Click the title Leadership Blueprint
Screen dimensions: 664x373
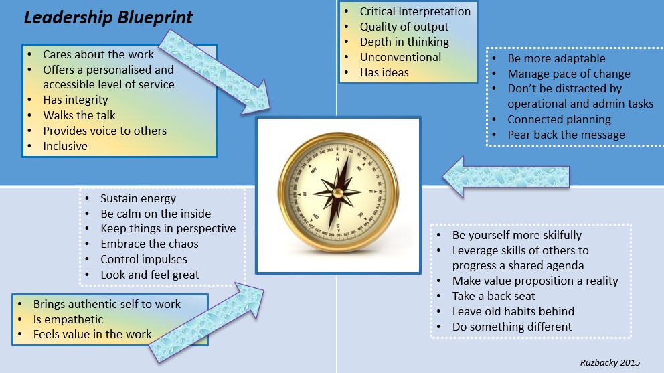(x=108, y=18)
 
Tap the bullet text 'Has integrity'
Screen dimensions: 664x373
(x=76, y=100)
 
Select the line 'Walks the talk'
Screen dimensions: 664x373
(x=79, y=115)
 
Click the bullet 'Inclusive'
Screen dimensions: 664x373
(x=65, y=146)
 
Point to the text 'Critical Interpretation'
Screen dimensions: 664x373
(x=415, y=11)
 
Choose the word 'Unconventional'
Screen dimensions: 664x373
(x=400, y=57)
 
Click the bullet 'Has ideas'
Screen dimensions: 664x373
(x=384, y=72)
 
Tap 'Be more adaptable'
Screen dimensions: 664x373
(x=556, y=58)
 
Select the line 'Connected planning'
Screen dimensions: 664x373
(x=559, y=119)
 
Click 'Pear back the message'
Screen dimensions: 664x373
(x=566, y=135)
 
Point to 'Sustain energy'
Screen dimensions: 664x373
(x=138, y=198)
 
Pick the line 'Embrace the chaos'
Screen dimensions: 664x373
(x=149, y=244)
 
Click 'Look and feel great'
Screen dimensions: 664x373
(x=149, y=275)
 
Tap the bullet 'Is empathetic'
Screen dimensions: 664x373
(x=68, y=319)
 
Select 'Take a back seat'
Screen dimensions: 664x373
(x=494, y=296)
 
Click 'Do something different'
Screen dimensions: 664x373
(x=512, y=327)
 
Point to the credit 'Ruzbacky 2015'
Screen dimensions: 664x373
(x=610, y=362)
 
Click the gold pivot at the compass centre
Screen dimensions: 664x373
(x=337, y=194)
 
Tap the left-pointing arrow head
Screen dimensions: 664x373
(x=453, y=177)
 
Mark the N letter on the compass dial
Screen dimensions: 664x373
(x=337, y=159)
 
